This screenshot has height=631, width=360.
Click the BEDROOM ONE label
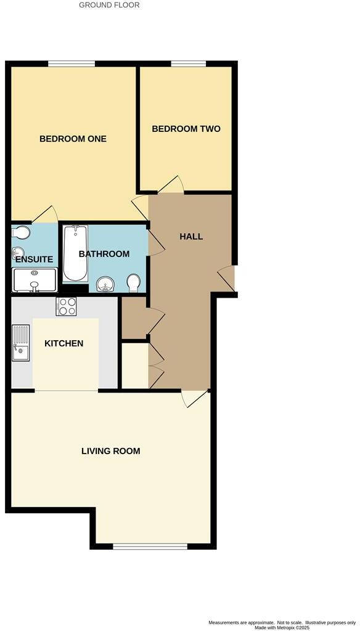[x=73, y=139]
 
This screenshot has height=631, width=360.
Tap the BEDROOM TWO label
[x=186, y=129]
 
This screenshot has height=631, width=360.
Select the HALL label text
[x=191, y=237]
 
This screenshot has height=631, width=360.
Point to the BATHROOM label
[x=104, y=254]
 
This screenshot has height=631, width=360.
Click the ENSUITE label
[x=35, y=259]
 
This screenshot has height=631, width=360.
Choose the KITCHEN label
[x=64, y=343]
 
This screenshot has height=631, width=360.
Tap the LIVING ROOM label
[x=111, y=451]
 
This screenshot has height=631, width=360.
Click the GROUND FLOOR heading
[x=110, y=5]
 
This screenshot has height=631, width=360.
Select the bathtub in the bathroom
[x=76, y=253]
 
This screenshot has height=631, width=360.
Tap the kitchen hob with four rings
[x=66, y=306]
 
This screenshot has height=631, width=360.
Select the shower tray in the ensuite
[x=35, y=280]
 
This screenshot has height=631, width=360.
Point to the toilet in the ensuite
[x=20, y=233]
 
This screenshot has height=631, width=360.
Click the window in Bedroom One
[x=72, y=63]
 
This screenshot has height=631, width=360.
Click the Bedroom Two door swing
[x=171, y=184]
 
